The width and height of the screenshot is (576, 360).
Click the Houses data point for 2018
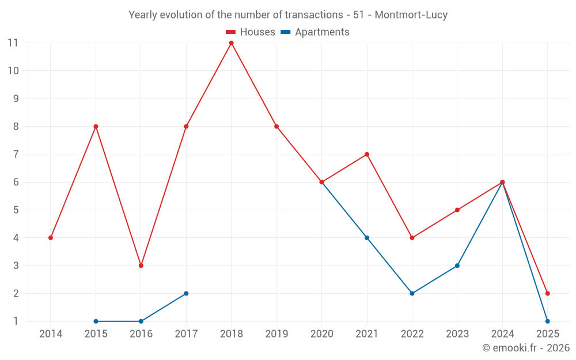231,43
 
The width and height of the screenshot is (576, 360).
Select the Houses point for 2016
141,266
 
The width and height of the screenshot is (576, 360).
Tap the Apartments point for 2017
186,293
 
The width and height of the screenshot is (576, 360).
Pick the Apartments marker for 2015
96,321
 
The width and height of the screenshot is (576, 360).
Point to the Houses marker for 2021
367,154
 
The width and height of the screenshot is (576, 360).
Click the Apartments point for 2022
412,293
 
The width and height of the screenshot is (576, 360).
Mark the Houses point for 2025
547,293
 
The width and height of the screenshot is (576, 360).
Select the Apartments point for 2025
547,321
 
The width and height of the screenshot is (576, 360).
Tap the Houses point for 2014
51,238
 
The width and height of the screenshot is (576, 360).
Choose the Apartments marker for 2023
457,266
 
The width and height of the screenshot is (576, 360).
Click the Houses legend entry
251,32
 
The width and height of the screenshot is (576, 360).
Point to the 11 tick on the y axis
13,43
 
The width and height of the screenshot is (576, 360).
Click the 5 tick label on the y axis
16,210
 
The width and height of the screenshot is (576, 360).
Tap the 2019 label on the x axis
276,334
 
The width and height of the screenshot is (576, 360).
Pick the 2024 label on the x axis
502,334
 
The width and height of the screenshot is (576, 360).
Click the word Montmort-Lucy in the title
411,15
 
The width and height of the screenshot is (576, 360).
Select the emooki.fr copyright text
526,348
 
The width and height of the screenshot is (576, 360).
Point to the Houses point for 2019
276,126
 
